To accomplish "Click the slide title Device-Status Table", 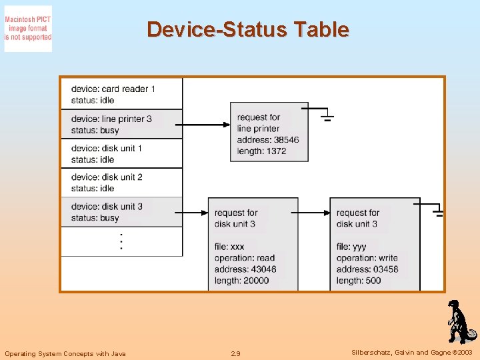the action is (247, 29).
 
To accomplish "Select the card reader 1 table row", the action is (121, 94).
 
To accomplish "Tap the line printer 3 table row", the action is (121, 124).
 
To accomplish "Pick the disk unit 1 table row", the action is (121, 153).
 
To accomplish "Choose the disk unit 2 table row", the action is (121, 183).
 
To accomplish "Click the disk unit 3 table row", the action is (121, 212).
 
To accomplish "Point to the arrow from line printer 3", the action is (205, 125).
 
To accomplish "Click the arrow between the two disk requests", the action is (313, 213).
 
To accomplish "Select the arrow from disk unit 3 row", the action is (195, 213).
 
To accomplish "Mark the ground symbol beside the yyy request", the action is (438, 213).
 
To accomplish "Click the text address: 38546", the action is (268, 140).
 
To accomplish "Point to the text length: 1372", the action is (261, 151).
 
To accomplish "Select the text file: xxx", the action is (229, 247).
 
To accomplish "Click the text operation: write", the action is (367, 258).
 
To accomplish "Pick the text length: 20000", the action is (241, 281).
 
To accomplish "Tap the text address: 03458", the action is (367, 269).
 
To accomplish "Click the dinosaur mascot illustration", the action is (459, 322).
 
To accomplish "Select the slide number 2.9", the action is (235, 353).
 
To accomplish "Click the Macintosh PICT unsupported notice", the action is (28, 29).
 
